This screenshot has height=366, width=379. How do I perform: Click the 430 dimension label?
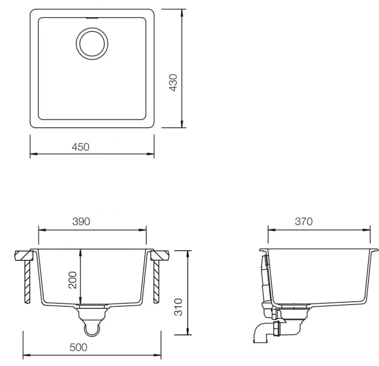point(173,82)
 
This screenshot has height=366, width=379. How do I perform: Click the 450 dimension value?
point(81,147)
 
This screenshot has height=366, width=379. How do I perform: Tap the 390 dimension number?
point(81,221)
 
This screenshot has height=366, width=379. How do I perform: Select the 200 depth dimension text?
point(73,280)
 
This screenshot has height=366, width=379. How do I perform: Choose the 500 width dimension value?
point(78,347)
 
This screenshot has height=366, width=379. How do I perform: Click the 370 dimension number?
point(303,221)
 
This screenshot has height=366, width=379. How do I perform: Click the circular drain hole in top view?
point(92,44)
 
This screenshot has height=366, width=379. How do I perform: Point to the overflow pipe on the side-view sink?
point(266,281)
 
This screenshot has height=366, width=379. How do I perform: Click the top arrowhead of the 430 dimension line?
point(182,12)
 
